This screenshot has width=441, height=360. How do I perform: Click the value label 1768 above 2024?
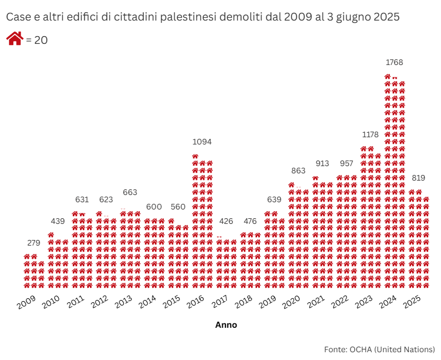[394, 62]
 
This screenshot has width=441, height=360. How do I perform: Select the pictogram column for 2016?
[202, 222]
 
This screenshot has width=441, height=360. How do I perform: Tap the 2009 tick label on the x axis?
[27, 303]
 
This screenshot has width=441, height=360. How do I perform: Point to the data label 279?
[34, 243]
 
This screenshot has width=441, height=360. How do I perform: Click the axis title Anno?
[226, 325]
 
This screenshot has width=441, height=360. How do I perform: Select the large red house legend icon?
[14, 39]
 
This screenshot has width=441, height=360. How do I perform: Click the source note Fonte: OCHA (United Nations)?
[379, 349]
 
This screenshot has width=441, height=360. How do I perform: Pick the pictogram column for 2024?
[394, 183]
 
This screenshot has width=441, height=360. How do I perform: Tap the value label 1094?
[202, 142]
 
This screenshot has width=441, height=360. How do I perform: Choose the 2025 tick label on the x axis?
[412, 303]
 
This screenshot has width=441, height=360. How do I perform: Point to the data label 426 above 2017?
[226, 221]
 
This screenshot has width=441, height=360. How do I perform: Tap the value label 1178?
[370, 135]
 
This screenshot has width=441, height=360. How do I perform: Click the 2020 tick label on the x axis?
[292, 303]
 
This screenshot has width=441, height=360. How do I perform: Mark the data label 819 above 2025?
[419, 178]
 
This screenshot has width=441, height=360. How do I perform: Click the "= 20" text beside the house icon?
[37, 41]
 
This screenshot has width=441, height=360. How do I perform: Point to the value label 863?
[298, 171]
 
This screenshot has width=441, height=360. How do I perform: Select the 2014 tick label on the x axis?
[147, 303]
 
